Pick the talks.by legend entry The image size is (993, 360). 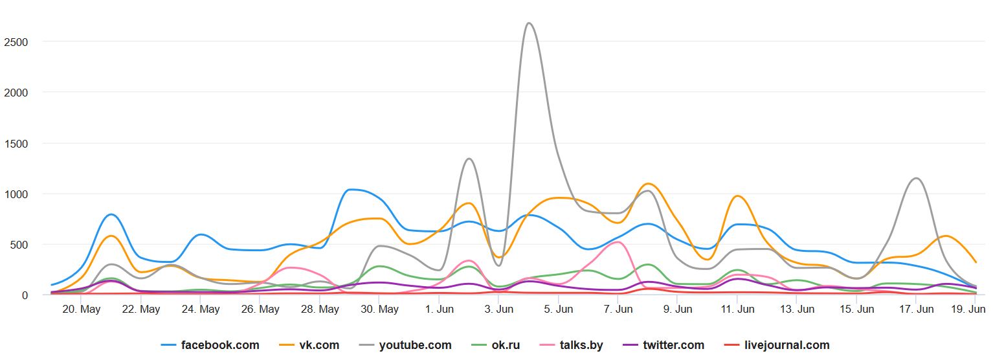click(x=572, y=345)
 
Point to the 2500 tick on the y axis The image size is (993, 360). click(x=16, y=41)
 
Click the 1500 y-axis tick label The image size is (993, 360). click(x=16, y=143)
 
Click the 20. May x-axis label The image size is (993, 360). click(x=81, y=309)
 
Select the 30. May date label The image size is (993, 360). click(x=379, y=309)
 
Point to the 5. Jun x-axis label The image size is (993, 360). click(x=558, y=309)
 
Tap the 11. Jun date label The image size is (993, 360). click(x=737, y=309)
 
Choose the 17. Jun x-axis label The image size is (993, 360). click(x=917, y=309)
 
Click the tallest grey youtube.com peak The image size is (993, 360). click(x=530, y=23)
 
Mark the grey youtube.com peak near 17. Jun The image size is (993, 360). click(x=916, y=178)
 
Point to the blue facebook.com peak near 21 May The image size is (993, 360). click(x=111, y=214)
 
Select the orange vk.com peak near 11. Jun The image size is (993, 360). click(x=737, y=196)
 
